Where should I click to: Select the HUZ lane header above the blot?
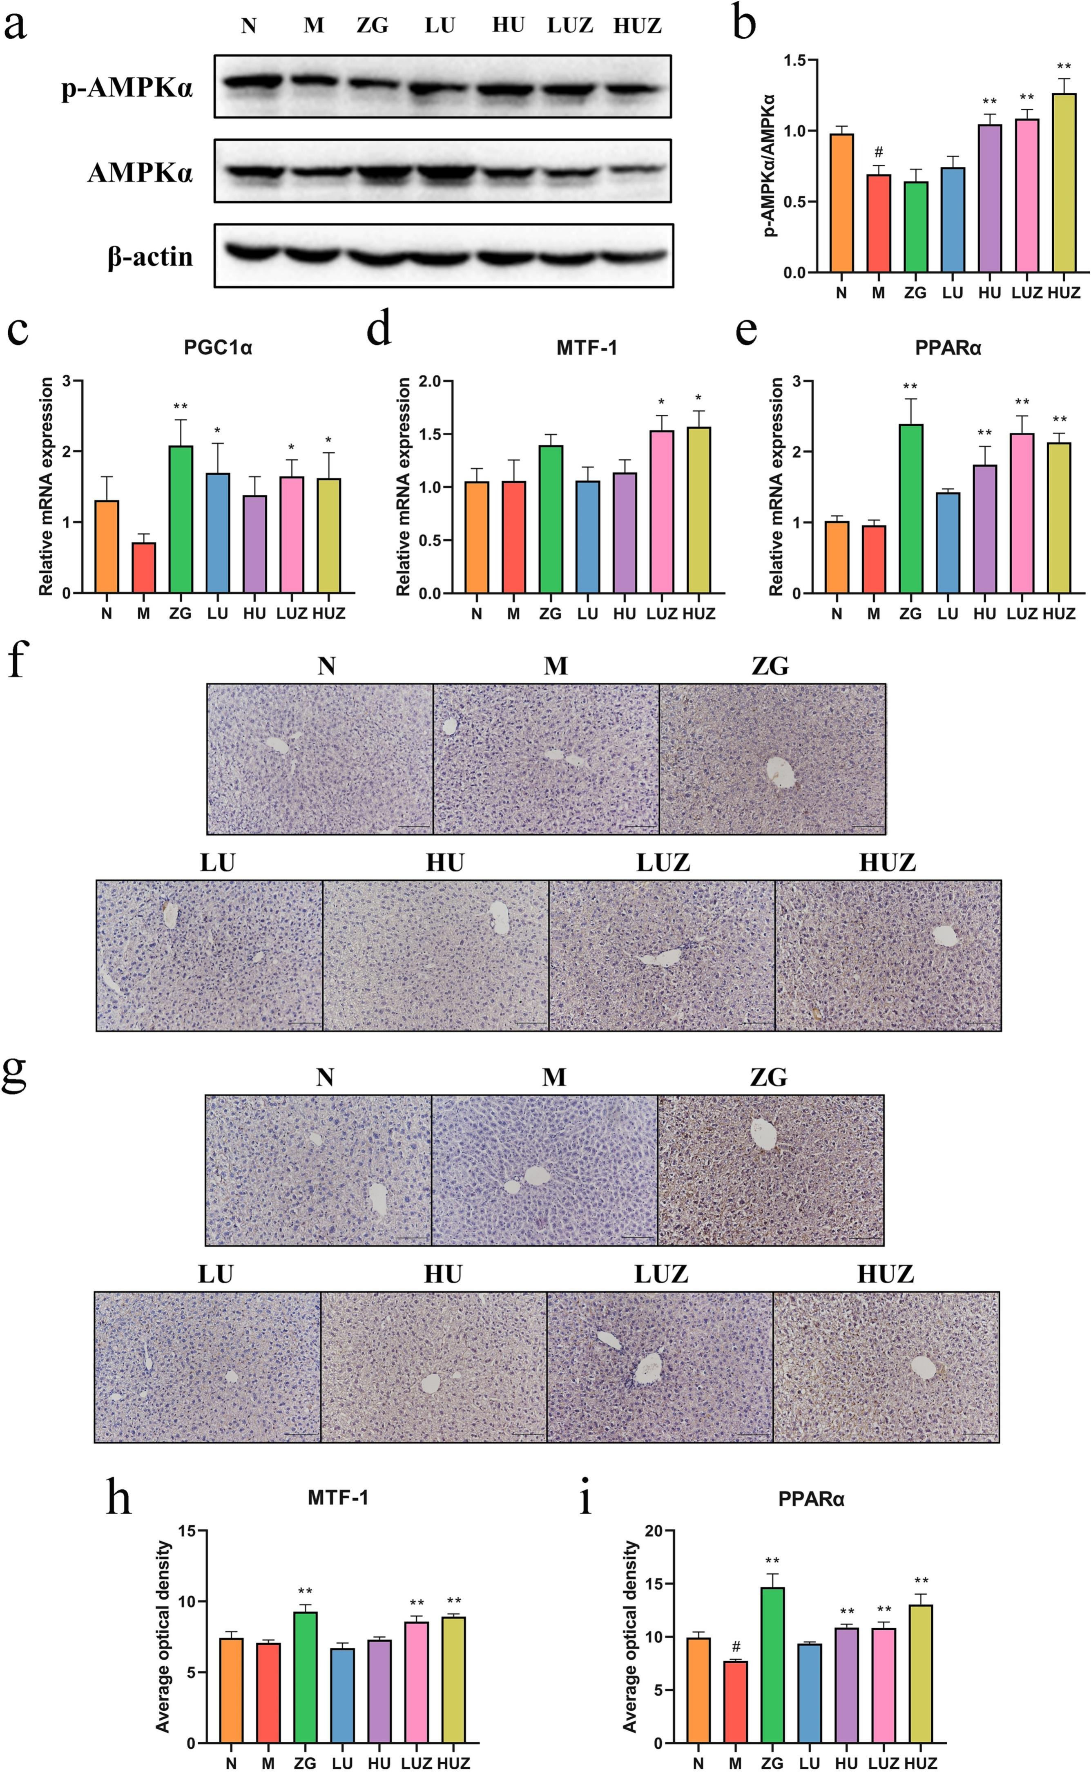click(637, 27)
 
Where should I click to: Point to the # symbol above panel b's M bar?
click(878, 152)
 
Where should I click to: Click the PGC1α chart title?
click(218, 349)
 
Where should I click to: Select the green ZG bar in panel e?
click(910, 508)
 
